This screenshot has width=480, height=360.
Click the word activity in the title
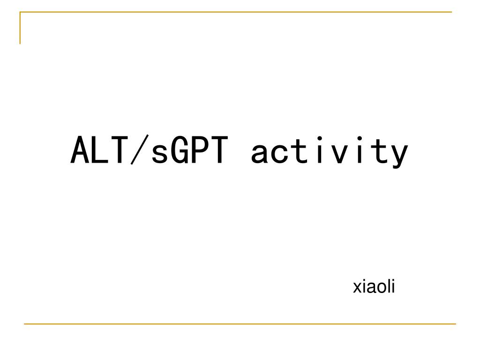pos(330,152)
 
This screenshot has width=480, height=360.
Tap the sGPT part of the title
pos(189,151)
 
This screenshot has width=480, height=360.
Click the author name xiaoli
pos(374,287)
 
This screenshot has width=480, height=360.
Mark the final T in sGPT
pos(219,151)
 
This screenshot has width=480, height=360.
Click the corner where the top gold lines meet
pos(20,12)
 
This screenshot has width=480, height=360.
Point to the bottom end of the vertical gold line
pos(20,44)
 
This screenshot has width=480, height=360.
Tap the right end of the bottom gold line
pos(455,323)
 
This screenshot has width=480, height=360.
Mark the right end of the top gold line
pos(451,12)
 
